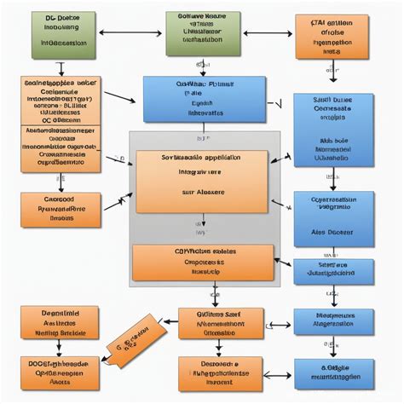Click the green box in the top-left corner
[x=63, y=35]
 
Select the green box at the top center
[x=203, y=33]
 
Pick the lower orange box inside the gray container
[x=203, y=263]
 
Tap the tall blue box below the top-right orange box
[x=333, y=129]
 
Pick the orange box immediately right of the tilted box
[x=215, y=324]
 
